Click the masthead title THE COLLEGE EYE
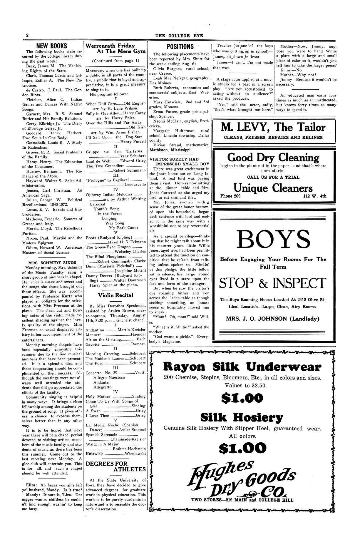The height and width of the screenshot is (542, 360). pyautogui.click(x=179, y=36)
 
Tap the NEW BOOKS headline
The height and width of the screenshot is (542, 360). pyautogui.click(x=51, y=46)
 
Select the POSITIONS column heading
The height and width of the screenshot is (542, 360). pyautogui.click(x=180, y=47)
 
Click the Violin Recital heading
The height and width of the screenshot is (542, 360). pyautogui.click(x=115, y=295)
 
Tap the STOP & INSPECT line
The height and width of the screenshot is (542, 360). pyautogui.click(x=273, y=283)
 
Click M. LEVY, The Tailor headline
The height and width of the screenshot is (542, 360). pyautogui.click(x=273, y=127)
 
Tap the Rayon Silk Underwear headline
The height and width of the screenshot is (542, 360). pyautogui.click(x=242, y=367)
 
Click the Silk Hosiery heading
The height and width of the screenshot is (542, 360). pyautogui.click(x=242, y=417)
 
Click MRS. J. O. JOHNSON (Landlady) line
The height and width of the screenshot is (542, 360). pyautogui.click(x=273, y=319)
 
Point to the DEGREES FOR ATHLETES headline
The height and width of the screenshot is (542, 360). pyautogui.click(x=115, y=466)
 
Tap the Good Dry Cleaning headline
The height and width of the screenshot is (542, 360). pyautogui.click(x=273, y=158)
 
